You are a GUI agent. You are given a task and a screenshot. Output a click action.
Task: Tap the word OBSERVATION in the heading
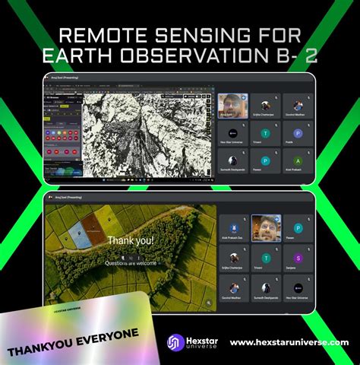click(210, 56)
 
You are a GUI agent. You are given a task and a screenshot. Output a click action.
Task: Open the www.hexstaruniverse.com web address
click(289, 343)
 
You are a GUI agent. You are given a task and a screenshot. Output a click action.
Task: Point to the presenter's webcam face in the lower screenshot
click(266, 226)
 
